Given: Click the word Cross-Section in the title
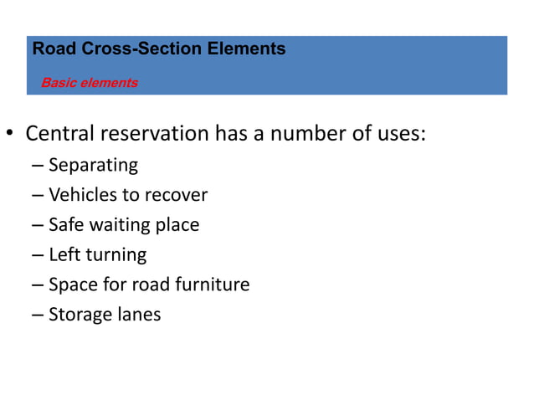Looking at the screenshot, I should click(x=132, y=49).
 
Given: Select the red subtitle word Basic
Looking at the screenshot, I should click(x=57, y=83).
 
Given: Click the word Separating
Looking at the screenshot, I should click(x=93, y=165).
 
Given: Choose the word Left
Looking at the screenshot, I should click(x=64, y=254).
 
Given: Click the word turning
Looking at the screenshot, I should click(x=115, y=255).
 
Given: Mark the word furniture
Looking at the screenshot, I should click(x=211, y=285).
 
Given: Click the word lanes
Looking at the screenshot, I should click(x=139, y=315).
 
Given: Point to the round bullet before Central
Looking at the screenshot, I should click(x=11, y=135).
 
